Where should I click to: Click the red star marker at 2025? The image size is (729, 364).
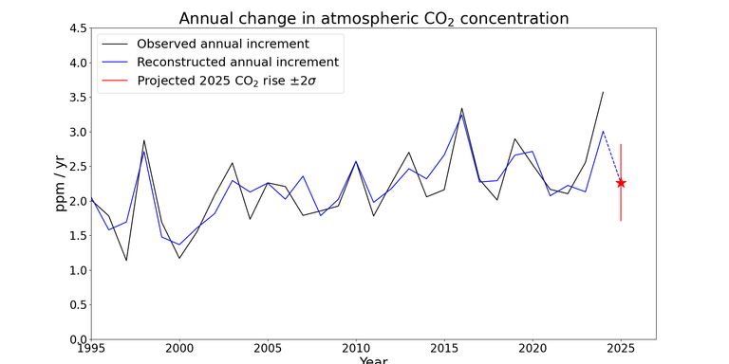click(621, 183)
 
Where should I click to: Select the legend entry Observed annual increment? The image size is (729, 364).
click(222, 44)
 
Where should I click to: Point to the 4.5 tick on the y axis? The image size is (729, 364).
click(75, 28)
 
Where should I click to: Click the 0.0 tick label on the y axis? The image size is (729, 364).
click(75, 339)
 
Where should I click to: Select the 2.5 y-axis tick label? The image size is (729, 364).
click(75, 167)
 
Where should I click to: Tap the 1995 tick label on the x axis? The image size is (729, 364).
click(91, 349)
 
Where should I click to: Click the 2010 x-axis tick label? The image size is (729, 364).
click(356, 349)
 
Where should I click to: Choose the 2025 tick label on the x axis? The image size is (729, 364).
click(621, 349)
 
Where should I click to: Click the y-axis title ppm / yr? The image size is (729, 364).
click(62, 184)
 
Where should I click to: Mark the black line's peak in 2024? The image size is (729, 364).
click(603, 92)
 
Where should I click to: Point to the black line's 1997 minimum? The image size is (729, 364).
click(126, 261)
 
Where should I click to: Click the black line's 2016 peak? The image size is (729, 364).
click(461, 108)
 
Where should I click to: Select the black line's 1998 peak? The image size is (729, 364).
click(144, 140)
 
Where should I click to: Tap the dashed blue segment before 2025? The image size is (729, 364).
click(612, 158)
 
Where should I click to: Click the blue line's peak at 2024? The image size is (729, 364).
click(603, 132)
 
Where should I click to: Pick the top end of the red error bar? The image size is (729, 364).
click(621, 145)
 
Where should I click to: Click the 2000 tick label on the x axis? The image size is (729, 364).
click(179, 349)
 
